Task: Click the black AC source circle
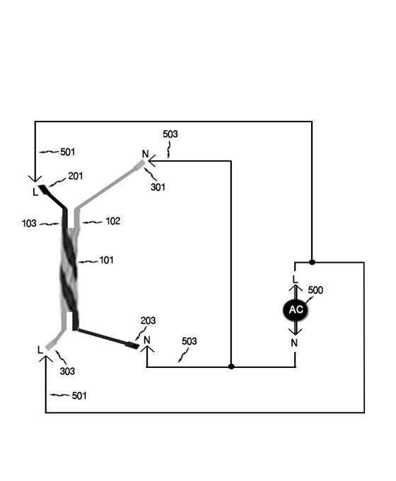[x=296, y=309]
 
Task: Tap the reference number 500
[x=315, y=290]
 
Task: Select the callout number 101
[x=106, y=261]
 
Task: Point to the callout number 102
[x=112, y=221]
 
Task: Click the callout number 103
[x=29, y=223]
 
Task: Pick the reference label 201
[x=76, y=176]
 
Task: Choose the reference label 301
[x=158, y=187]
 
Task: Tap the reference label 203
[x=148, y=321]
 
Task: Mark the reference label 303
[x=67, y=372]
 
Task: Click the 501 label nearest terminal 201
[x=68, y=152]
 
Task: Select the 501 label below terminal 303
[x=79, y=396]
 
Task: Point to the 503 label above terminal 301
[x=170, y=134]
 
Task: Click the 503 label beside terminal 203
[x=190, y=341]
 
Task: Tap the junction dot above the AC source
[x=312, y=262]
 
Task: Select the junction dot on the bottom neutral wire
[x=231, y=367]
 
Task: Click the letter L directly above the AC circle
[x=296, y=280]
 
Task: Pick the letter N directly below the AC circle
[x=294, y=343]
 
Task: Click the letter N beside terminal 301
[x=145, y=154]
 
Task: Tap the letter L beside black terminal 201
[x=35, y=192]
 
